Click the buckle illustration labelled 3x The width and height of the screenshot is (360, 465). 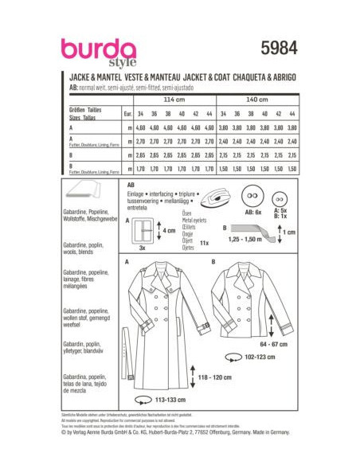tap(145, 230)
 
